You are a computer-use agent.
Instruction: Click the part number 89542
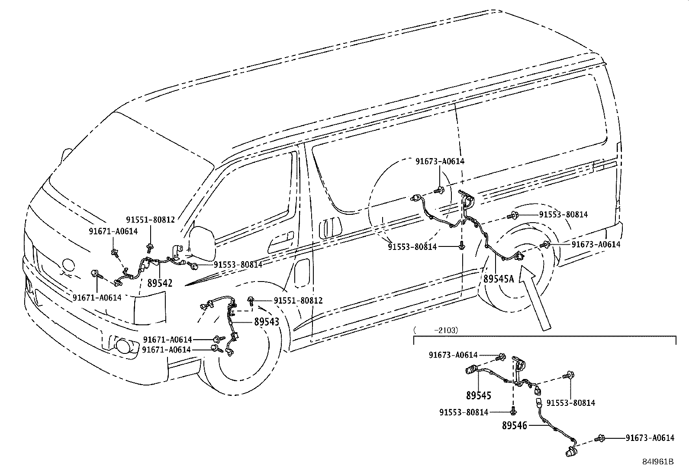coord(160,283)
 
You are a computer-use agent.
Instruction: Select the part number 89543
coord(267,322)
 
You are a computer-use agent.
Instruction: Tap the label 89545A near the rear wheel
coord(499,279)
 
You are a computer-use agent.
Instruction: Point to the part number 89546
coord(515,426)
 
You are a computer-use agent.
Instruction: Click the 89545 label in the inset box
coord(479,396)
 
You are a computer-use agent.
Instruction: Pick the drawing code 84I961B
coord(658,462)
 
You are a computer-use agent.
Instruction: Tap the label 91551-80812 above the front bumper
coord(150,220)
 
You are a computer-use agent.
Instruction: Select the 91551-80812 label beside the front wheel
coord(298,300)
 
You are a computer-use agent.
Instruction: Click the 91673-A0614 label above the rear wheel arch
coord(440,161)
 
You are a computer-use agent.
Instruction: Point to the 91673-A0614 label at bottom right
coord(650,438)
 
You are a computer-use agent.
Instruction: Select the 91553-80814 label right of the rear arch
coord(563,214)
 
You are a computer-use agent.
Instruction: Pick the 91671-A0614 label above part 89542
coord(113,231)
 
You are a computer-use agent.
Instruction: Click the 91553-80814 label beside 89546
coord(570,403)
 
